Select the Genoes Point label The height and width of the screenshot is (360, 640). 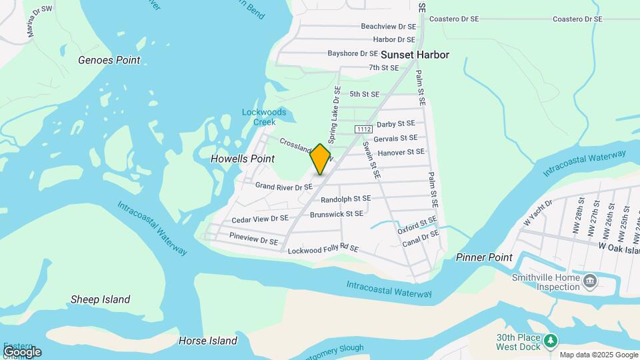(x=109, y=60)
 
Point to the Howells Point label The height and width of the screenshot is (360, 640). (x=243, y=159)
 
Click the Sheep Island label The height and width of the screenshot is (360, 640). (x=101, y=299)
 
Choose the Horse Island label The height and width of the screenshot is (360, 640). (x=208, y=341)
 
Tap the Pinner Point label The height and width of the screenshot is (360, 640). (x=484, y=257)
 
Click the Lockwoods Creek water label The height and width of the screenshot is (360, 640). (x=264, y=117)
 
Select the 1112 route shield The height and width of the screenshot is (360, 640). (x=363, y=129)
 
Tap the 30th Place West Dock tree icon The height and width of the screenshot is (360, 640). (x=551, y=342)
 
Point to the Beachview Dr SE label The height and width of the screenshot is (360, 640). (x=388, y=27)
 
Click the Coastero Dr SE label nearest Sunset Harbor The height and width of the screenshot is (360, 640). (x=454, y=19)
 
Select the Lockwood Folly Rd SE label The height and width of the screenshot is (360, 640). (x=323, y=249)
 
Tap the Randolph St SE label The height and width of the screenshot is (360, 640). (x=345, y=199)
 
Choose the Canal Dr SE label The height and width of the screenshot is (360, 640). (x=421, y=238)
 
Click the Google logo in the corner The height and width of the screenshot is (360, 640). (x=22, y=351)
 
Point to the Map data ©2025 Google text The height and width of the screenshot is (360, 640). (x=598, y=355)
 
